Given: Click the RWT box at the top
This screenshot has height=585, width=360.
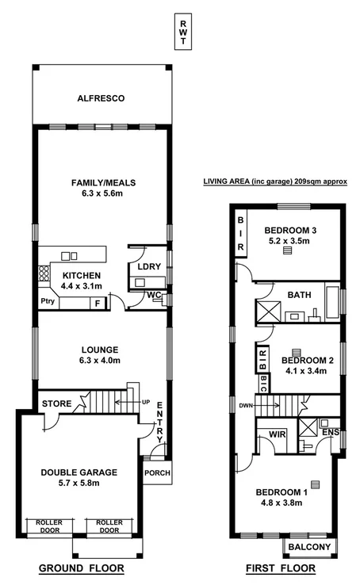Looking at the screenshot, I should (x=183, y=33).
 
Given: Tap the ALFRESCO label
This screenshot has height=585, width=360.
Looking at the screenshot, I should (x=101, y=99).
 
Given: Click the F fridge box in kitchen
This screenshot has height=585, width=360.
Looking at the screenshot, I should (x=98, y=302).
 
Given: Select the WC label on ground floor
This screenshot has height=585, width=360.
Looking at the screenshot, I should (x=155, y=296).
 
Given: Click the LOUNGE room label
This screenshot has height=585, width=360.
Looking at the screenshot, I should (x=100, y=349).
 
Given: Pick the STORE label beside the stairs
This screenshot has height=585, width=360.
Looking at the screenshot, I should (x=56, y=403).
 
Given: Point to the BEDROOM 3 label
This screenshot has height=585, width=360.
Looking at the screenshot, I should (x=290, y=231).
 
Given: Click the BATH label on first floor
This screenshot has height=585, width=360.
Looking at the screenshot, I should (x=300, y=295).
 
